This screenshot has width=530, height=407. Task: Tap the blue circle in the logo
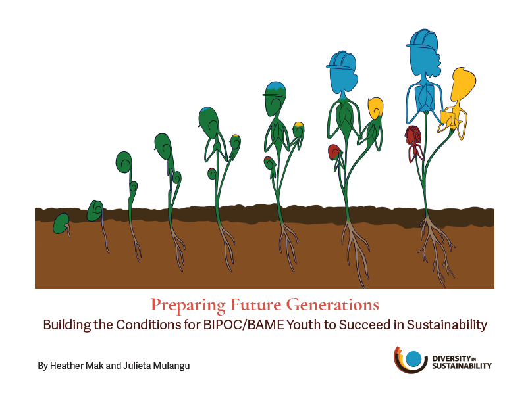(413, 359)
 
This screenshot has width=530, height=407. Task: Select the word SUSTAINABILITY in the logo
(462, 366)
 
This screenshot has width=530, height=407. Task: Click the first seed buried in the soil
(61, 224)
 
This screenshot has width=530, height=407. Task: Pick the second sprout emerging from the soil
(95, 210)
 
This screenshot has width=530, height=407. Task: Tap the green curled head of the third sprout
(124, 162)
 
